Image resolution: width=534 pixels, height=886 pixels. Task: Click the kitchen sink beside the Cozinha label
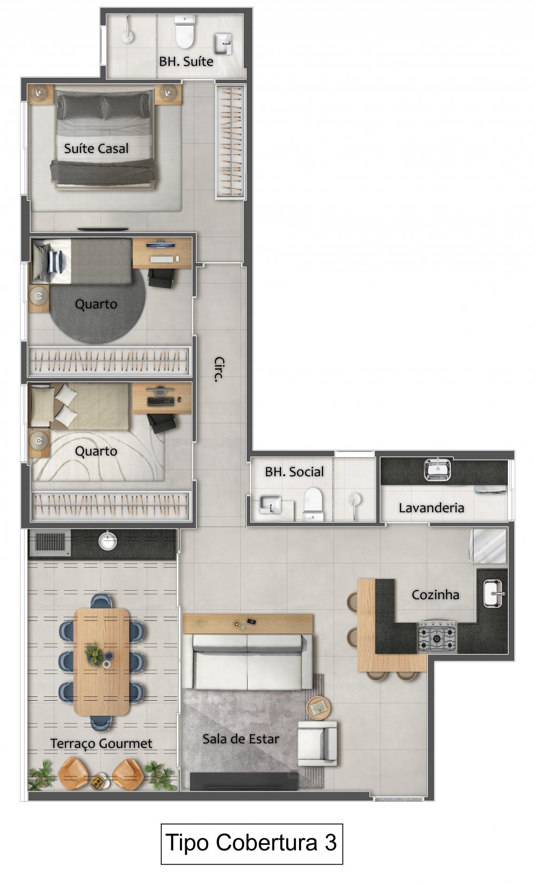(493, 593)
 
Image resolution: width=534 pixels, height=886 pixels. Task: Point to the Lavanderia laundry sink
(437, 469)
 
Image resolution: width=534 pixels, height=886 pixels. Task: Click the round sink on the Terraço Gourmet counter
(107, 540)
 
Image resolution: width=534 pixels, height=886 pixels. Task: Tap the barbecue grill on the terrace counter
(50, 542)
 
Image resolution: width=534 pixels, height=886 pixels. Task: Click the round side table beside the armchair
(319, 707)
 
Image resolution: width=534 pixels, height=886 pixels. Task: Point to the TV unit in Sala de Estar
(244, 780)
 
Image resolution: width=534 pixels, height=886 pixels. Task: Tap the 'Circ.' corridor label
(219, 369)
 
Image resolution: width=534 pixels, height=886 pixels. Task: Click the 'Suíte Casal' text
(96, 148)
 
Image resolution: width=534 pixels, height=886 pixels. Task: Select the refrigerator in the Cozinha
(489, 546)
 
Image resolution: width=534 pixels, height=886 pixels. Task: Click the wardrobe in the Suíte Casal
(231, 142)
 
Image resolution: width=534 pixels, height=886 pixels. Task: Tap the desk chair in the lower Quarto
(161, 423)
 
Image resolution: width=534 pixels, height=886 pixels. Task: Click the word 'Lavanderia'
(431, 507)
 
